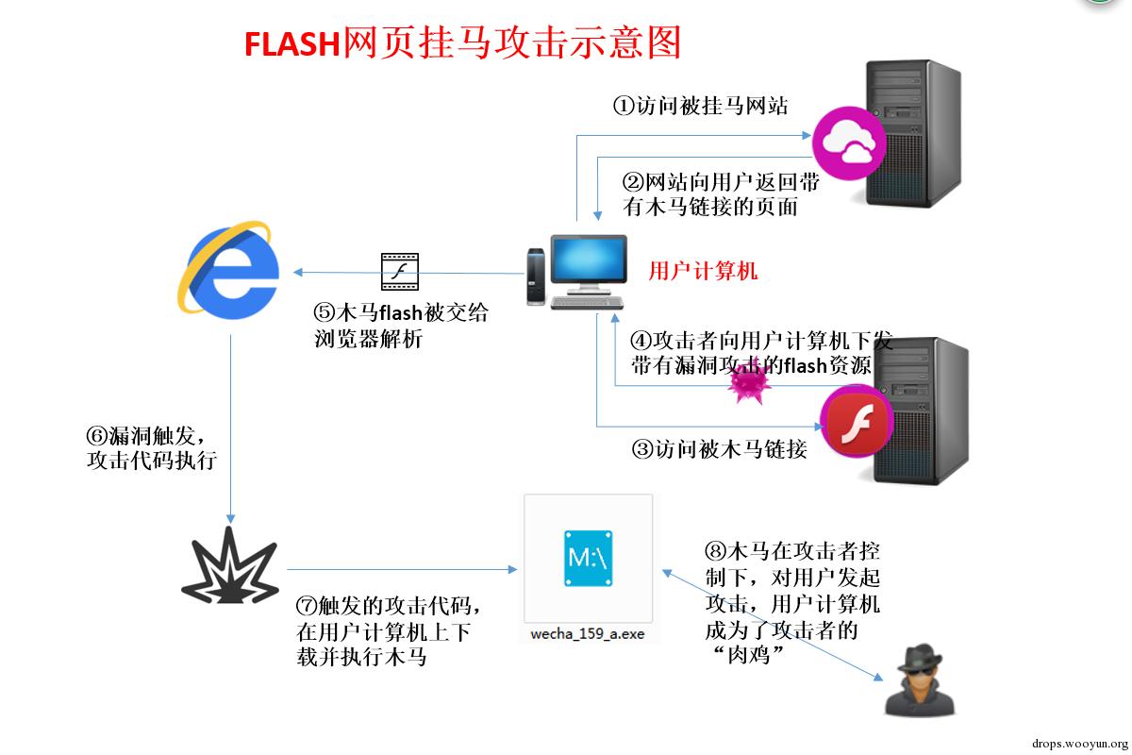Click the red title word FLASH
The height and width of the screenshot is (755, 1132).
coord(291,43)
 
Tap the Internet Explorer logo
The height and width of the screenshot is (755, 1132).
coord(230,268)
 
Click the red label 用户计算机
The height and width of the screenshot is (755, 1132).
coord(703,272)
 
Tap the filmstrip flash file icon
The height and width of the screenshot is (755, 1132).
coord(400,272)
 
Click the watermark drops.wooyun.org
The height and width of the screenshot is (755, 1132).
coord(1074,742)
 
